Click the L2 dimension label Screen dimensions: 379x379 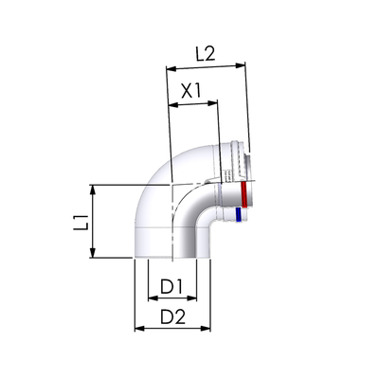[206, 54]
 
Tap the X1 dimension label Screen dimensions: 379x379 [191, 91]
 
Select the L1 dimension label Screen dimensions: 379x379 [81, 222]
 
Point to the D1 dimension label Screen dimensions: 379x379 [171, 287]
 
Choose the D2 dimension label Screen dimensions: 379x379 [172, 316]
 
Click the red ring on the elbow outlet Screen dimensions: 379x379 [244, 193]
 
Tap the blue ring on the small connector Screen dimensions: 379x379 [239, 214]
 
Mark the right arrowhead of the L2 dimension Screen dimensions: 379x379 [241, 65]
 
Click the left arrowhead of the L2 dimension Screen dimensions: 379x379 [171, 68]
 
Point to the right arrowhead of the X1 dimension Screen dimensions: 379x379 [212, 102]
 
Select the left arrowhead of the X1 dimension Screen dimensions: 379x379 [174, 104]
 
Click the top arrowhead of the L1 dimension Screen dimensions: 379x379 [92, 190]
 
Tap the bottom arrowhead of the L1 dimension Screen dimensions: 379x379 [92, 253]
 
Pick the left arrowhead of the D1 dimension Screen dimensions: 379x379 [153, 298]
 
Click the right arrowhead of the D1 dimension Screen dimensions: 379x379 [191, 298]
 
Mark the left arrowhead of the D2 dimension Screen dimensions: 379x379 [140, 329]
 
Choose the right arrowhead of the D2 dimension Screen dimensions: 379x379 [206, 329]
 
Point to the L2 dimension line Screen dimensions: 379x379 [206, 67]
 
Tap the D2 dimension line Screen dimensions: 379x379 [172, 329]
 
